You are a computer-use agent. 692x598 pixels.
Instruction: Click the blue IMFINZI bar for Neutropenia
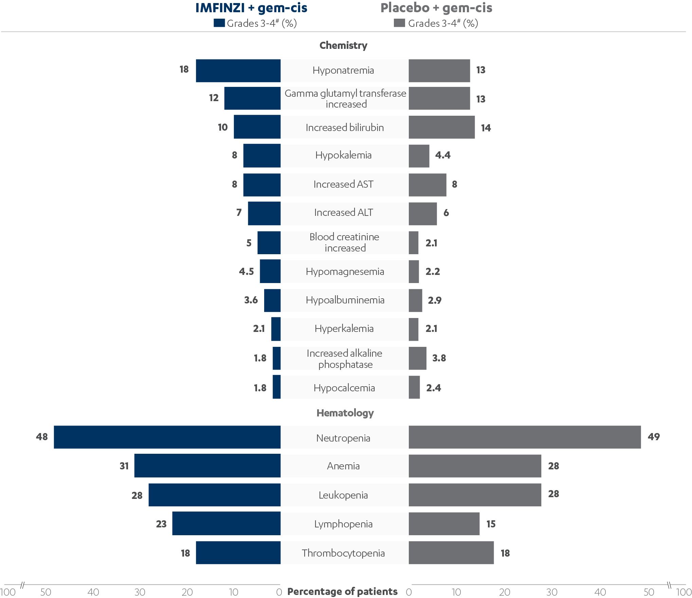(x=167, y=437)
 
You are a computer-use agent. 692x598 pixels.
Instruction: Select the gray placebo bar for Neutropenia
(x=525, y=437)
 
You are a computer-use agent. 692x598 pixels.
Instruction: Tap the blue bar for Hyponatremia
(x=238, y=71)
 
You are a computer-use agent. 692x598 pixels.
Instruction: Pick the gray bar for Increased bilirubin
(x=441, y=127)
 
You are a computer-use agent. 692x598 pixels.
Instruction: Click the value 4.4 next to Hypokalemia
(x=442, y=155)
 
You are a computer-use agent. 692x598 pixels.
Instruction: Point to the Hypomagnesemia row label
(x=345, y=272)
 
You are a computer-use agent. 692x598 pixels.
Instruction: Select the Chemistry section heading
(x=343, y=45)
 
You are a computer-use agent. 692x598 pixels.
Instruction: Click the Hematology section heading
(x=345, y=413)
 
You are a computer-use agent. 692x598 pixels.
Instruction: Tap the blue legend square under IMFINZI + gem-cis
(x=219, y=23)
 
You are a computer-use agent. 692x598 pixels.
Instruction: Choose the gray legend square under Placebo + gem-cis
(x=399, y=23)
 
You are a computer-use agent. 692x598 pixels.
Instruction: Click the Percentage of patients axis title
(x=342, y=592)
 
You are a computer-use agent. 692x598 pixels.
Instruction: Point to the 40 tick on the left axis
(x=93, y=592)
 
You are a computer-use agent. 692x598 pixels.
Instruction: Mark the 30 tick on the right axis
(x=551, y=592)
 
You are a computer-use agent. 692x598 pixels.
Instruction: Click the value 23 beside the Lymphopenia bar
(x=161, y=524)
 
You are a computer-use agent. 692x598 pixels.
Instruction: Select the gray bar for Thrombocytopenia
(x=451, y=553)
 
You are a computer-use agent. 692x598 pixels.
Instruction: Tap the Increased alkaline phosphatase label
(x=345, y=359)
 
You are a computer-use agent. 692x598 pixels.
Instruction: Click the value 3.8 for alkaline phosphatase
(x=439, y=358)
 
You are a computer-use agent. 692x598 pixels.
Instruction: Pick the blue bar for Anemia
(x=207, y=466)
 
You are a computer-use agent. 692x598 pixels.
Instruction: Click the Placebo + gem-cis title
(x=436, y=8)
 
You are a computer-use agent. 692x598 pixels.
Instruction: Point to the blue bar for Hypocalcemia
(x=276, y=387)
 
